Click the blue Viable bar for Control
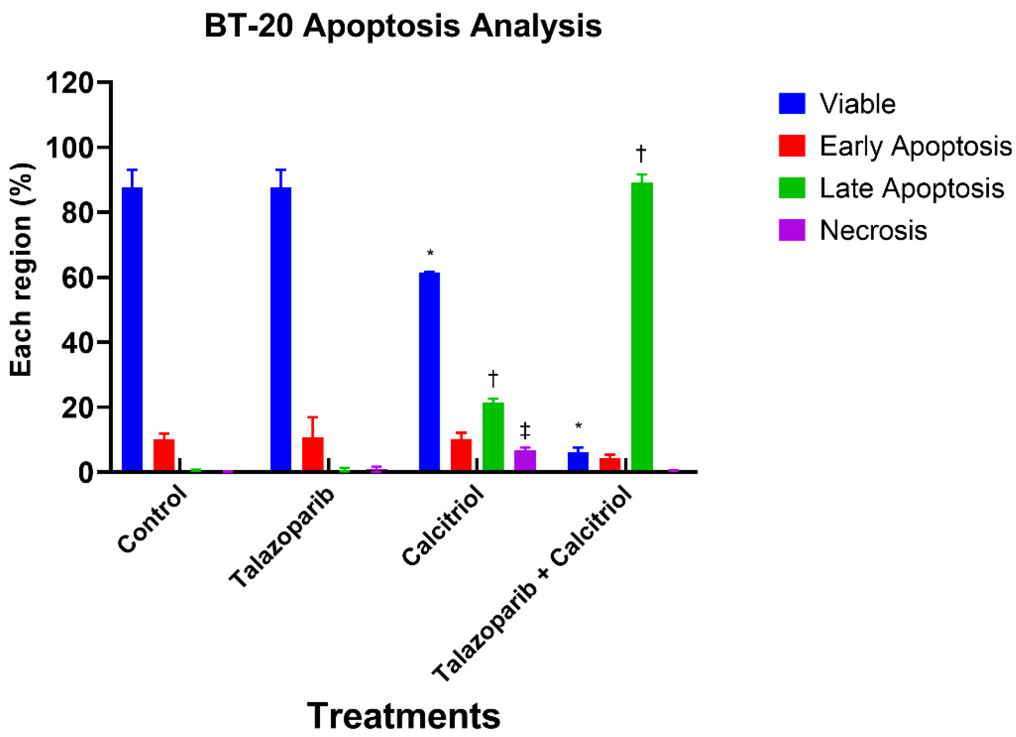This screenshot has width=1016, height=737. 132,329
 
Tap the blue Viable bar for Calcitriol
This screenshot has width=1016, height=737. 429,371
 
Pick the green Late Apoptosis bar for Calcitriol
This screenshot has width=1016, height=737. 493,437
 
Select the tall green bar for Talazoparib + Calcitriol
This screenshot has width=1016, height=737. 642,326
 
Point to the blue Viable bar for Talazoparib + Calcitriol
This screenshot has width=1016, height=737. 578,461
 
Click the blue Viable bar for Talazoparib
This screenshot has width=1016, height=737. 280,329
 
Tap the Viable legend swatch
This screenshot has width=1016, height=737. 792,104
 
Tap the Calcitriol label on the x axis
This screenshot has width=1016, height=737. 443,526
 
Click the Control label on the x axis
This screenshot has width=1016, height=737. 152,519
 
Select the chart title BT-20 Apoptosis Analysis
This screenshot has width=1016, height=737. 403,26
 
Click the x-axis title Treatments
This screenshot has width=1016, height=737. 404,715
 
